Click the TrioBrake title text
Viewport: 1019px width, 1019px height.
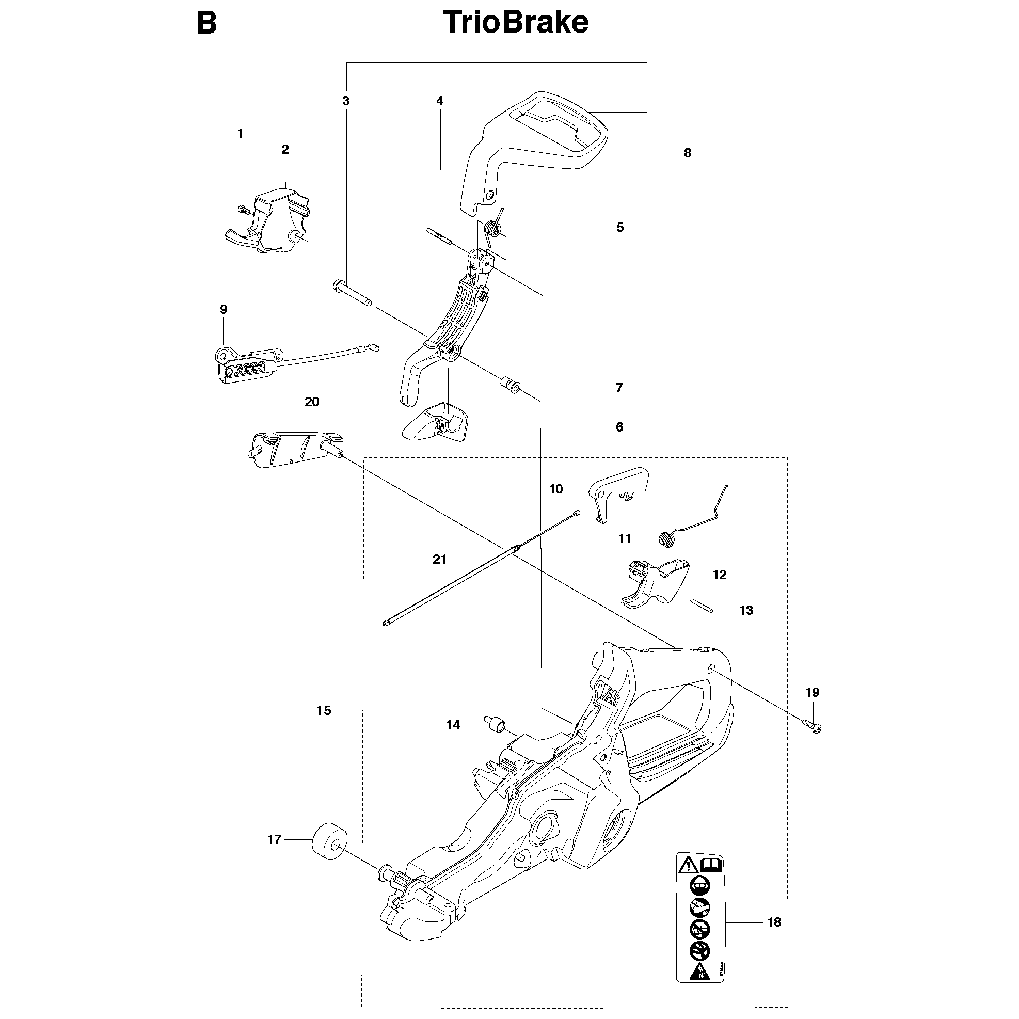(516, 23)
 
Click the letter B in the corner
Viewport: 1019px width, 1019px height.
(206, 24)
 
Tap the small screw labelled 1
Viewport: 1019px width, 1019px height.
(244, 209)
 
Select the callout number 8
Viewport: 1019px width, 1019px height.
(687, 153)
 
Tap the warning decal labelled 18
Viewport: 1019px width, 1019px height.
(700, 922)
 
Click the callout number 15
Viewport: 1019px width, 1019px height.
(324, 710)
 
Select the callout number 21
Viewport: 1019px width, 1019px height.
(440, 560)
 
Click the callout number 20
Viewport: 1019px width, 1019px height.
(312, 402)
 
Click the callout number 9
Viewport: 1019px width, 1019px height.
(224, 310)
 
